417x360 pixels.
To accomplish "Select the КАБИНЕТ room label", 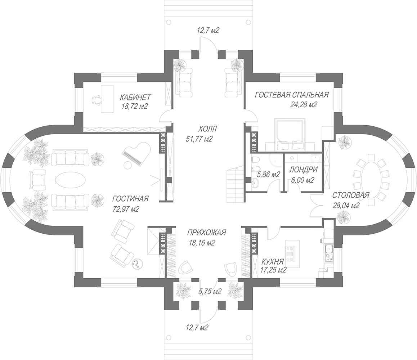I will coord(135,97).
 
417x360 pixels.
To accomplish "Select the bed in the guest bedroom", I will coord(289,134).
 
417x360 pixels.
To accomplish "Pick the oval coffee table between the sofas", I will coord(71,179).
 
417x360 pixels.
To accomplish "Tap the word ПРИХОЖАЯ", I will coord(206,233).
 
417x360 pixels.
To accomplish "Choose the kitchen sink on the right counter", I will coord(328,249).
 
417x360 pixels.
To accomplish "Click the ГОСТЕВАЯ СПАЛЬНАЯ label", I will coord(292,95).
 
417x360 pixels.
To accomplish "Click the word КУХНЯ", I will coord(273,261).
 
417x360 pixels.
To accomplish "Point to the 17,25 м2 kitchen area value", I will coord(273,270).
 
